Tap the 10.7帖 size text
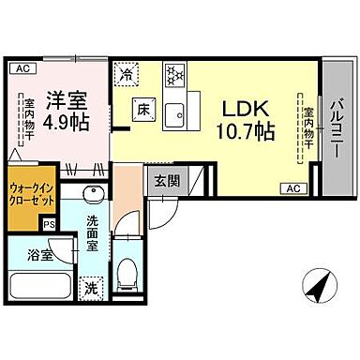(x=245, y=132)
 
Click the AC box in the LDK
(x=291, y=189)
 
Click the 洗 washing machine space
(x=92, y=288)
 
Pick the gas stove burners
(x=175, y=75)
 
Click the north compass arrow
(x=321, y=283)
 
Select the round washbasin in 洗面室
(x=93, y=196)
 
